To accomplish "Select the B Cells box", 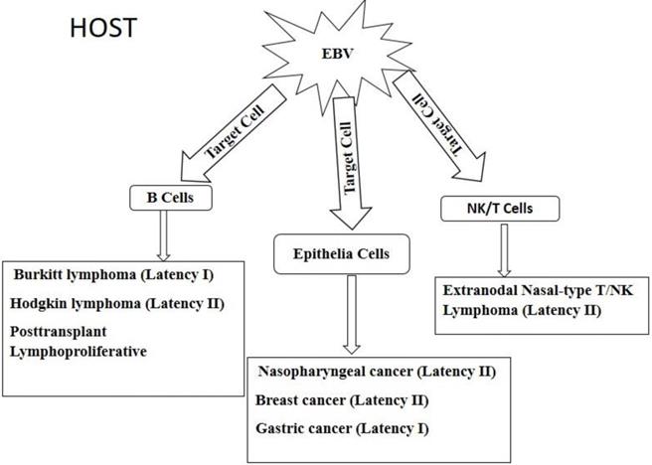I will (x=164, y=198).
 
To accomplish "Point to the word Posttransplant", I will (x=66, y=331).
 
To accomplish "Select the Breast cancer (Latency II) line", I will (x=341, y=400).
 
